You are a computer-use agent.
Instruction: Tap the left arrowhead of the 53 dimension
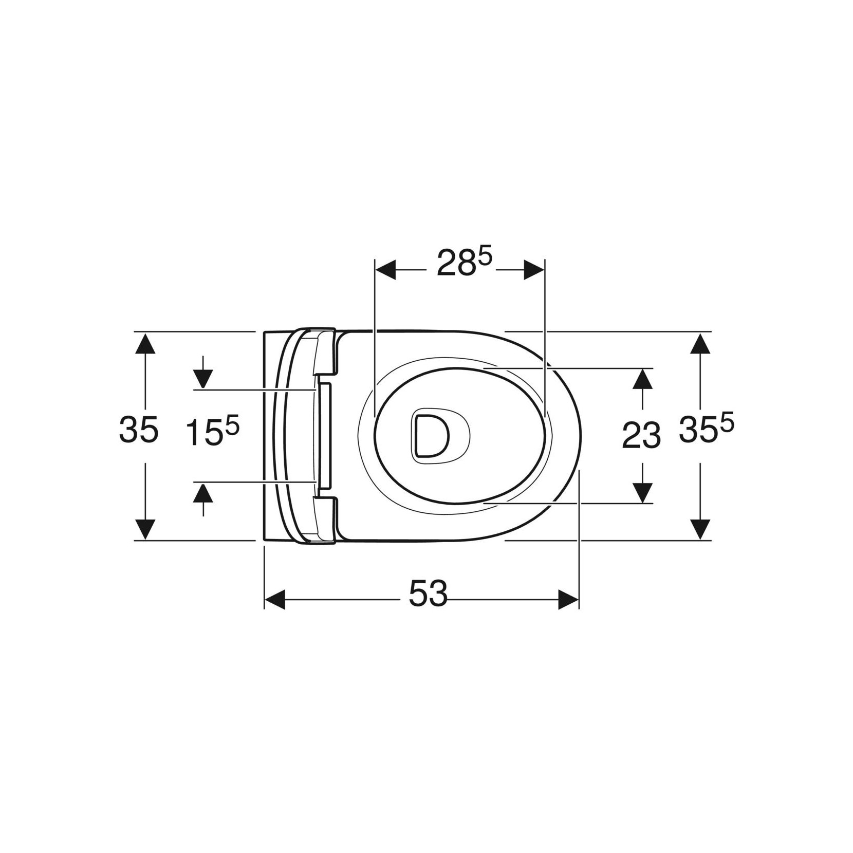274,600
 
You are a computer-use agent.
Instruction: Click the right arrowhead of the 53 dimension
569,600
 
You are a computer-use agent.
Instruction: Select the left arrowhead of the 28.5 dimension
386,270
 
